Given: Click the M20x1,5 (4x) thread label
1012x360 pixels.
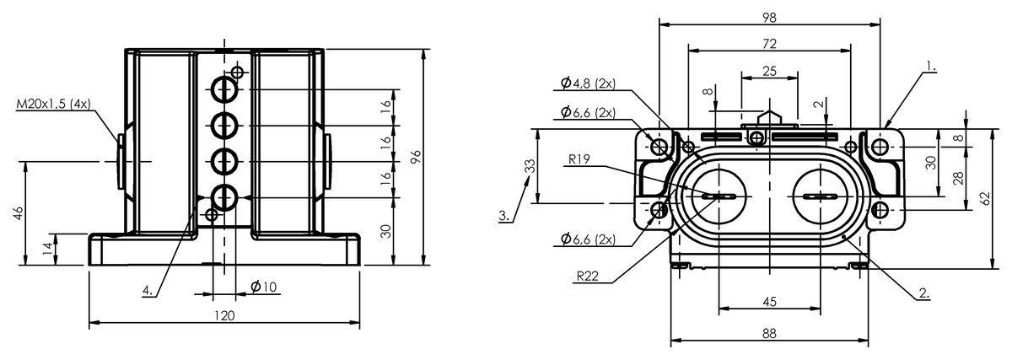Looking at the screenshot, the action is [x=53, y=104].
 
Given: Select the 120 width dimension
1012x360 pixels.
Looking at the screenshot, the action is [x=224, y=315].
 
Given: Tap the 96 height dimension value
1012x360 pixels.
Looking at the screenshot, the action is [x=415, y=157].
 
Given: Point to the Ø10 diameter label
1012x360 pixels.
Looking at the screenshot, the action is [x=263, y=287].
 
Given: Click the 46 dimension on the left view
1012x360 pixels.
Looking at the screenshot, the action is [x=18, y=213].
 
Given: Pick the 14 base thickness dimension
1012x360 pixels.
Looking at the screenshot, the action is [x=48, y=249].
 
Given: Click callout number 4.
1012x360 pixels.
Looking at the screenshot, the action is [x=148, y=290].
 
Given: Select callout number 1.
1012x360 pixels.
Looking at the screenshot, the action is [x=930, y=67].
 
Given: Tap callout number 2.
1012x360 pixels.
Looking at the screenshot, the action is [x=924, y=293].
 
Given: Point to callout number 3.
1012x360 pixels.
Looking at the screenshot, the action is [x=504, y=216].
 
